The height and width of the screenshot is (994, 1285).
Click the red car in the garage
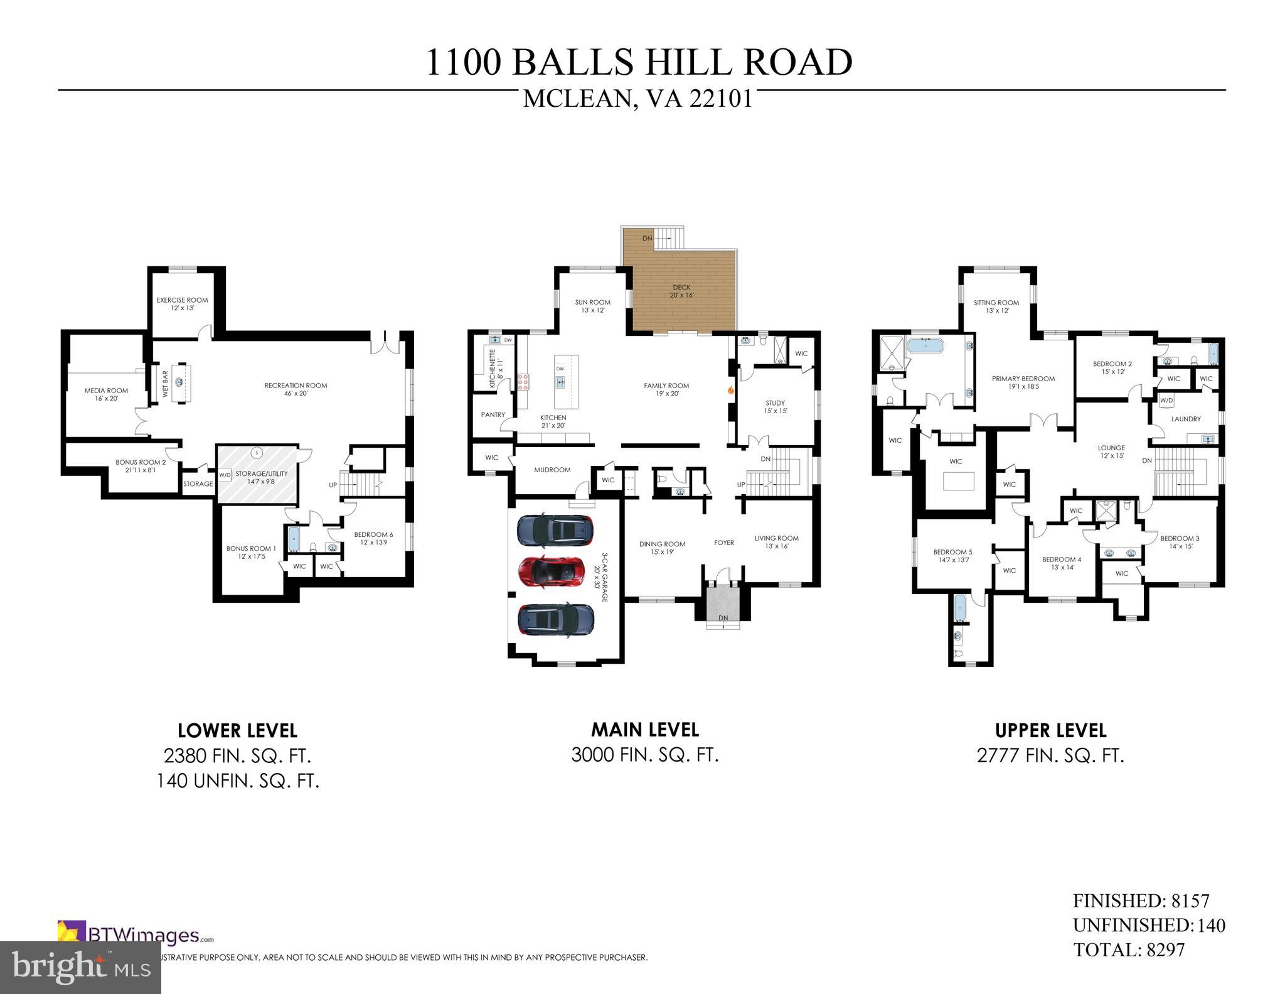[x=554, y=571]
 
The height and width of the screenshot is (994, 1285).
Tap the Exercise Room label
[x=182, y=304]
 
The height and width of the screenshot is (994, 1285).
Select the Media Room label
[x=106, y=394]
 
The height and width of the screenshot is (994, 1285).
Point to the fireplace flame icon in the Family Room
[x=730, y=390]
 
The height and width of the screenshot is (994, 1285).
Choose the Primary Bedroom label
[x=1023, y=382]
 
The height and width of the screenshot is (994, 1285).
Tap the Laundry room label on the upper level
[x=1186, y=419]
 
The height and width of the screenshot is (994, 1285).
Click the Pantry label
[x=493, y=414]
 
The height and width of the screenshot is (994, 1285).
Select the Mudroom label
[x=552, y=470]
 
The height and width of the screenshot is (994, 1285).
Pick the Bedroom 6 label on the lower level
[x=373, y=538]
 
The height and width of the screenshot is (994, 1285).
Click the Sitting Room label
[x=996, y=306]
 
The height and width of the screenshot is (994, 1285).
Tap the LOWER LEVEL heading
[x=237, y=730]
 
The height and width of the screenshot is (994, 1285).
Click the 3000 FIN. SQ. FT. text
[x=644, y=755]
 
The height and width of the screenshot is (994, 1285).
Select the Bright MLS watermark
[x=80, y=967]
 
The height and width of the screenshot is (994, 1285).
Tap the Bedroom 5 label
[x=952, y=556]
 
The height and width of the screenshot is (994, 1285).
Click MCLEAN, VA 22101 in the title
[x=637, y=99]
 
